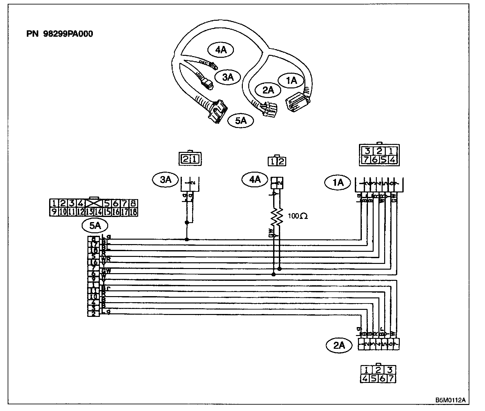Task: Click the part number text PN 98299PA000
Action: click(x=60, y=34)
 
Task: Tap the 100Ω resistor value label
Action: click(x=297, y=216)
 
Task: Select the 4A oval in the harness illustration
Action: click(x=220, y=50)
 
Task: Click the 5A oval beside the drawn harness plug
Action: click(x=241, y=121)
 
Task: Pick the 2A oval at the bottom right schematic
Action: click(x=339, y=346)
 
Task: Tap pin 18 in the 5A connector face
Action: click(x=133, y=211)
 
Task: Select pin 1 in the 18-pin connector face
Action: click(x=54, y=203)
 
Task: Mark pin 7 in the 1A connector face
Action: click(x=367, y=160)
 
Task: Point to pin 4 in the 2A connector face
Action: click(x=366, y=379)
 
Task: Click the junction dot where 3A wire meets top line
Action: click(x=186, y=239)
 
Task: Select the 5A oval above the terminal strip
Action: click(x=95, y=226)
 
